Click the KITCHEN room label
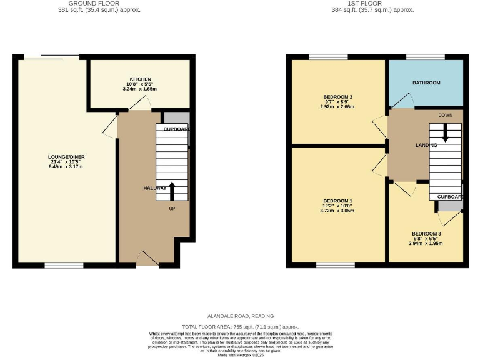140,79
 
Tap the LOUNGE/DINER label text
66,157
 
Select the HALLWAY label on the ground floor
154,188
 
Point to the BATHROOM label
426,82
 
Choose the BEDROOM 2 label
338,97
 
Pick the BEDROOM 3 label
426,234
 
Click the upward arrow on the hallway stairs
172,191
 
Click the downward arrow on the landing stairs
445,132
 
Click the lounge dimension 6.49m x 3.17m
66,167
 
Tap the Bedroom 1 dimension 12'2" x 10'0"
338,206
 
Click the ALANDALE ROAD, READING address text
240,316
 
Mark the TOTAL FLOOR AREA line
240,327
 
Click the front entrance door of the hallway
147,258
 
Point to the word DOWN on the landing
445,116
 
